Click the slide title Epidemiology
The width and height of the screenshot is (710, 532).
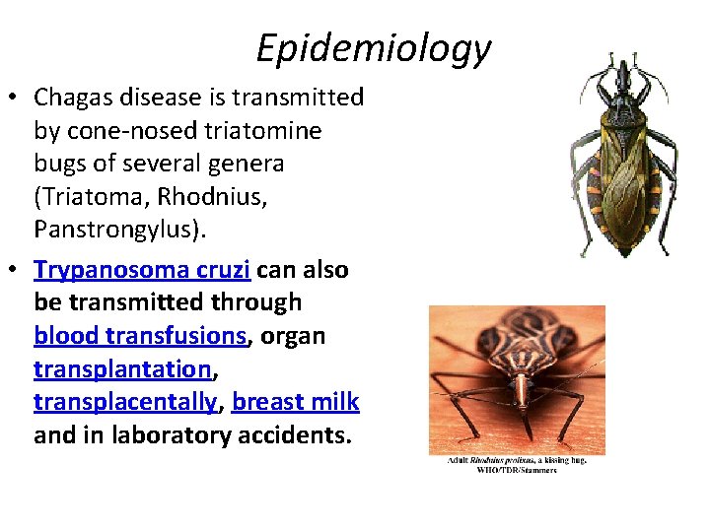click(x=373, y=47)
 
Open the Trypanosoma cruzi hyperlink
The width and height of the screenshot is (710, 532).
click(x=142, y=270)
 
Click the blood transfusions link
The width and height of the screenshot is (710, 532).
click(x=139, y=336)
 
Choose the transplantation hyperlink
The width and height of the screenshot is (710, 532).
click(x=122, y=369)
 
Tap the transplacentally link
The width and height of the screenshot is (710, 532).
click(x=124, y=402)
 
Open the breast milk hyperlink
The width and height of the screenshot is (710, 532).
click(x=296, y=402)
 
